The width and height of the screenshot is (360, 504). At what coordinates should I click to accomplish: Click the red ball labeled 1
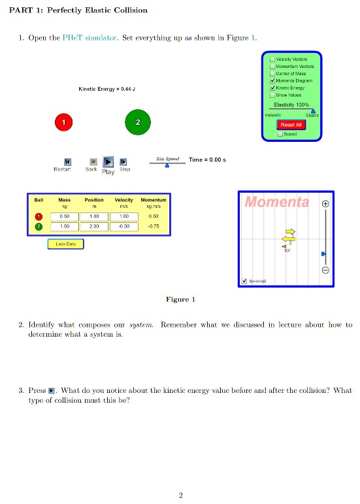(x=63, y=122)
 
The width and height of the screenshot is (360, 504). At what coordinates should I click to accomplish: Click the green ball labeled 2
(x=137, y=122)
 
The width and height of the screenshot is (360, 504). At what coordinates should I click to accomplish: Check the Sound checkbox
(x=280, y=133)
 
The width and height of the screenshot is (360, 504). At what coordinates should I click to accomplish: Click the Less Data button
(x=65, y=244)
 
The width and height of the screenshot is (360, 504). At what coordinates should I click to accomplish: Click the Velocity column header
(x=123, y=199)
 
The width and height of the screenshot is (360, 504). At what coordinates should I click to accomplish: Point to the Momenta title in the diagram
(x=276, y=202)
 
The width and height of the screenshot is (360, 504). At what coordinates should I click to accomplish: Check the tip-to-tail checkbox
(x=244, y=281)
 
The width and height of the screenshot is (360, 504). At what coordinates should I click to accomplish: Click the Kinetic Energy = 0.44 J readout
(x=106, y=88)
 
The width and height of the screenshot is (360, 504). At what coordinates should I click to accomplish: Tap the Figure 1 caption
(x=180, y=299)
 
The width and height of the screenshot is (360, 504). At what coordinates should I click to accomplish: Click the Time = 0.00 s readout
(x=207, y=160)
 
